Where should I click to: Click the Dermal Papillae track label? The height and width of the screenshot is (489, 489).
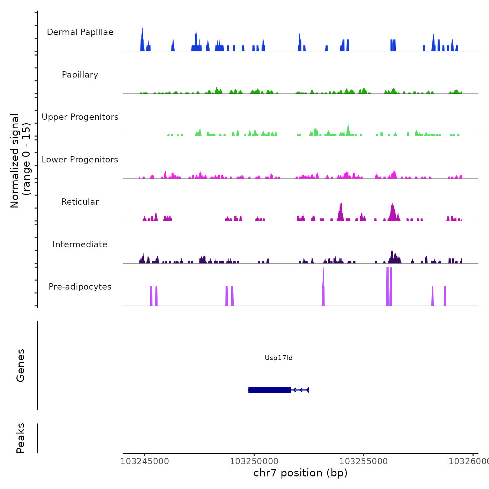pos(80,32)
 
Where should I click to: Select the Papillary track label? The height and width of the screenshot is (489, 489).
pos(80,75)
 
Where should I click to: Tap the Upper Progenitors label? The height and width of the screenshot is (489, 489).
pos(80,117)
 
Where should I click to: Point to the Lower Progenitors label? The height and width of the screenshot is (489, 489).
pos(80,160)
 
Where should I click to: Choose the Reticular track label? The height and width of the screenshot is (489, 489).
pos(80,202)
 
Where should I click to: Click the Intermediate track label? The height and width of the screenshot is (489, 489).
pos(80,245)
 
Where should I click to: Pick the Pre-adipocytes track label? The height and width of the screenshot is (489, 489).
pos(80,287)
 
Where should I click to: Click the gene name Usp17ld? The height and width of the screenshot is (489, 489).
pos(278,358)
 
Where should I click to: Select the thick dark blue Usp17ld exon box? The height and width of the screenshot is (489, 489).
pos(270,390)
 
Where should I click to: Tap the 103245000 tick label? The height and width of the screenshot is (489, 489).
pos(145,461)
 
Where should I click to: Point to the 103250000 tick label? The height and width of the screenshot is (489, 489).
pos(254,461)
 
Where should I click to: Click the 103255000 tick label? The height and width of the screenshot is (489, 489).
pos(364,461)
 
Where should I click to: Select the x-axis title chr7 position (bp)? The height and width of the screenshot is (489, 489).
pos(300,473)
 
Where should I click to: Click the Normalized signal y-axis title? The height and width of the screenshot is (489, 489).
pos(20,160)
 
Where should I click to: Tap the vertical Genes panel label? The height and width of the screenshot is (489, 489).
pos(21,365)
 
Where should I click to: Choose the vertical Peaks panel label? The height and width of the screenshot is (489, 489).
pos(21,438)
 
